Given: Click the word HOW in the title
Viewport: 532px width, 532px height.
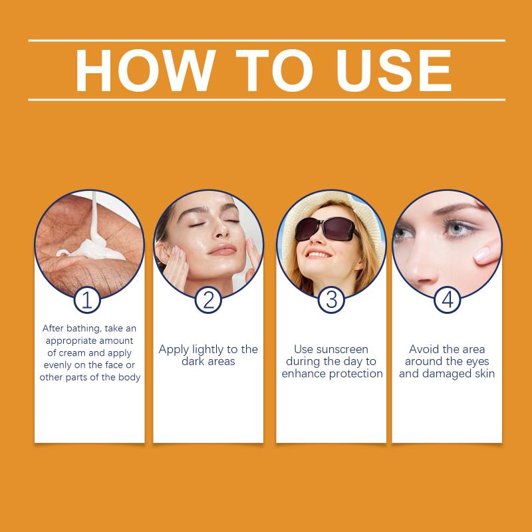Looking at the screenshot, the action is click(146, 70).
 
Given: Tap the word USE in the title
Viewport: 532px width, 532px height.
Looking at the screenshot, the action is click(394, 70).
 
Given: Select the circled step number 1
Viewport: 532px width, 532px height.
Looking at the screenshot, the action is click(87, 300).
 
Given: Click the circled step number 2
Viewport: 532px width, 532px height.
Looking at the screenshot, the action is click(208, 300).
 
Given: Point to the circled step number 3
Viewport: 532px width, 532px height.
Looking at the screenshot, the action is click(331, 300).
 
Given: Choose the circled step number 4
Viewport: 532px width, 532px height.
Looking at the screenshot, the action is click(448, 300).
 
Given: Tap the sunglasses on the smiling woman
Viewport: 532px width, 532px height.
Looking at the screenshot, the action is click(326, 229).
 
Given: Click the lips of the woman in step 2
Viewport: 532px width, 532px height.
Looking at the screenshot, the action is click(222, 250).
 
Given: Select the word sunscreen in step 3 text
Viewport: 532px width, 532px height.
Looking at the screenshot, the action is click(342, 349).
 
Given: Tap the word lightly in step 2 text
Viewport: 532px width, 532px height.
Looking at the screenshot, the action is click(208, 350).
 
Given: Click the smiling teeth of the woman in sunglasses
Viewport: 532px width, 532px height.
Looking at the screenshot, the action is click(317, 255).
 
